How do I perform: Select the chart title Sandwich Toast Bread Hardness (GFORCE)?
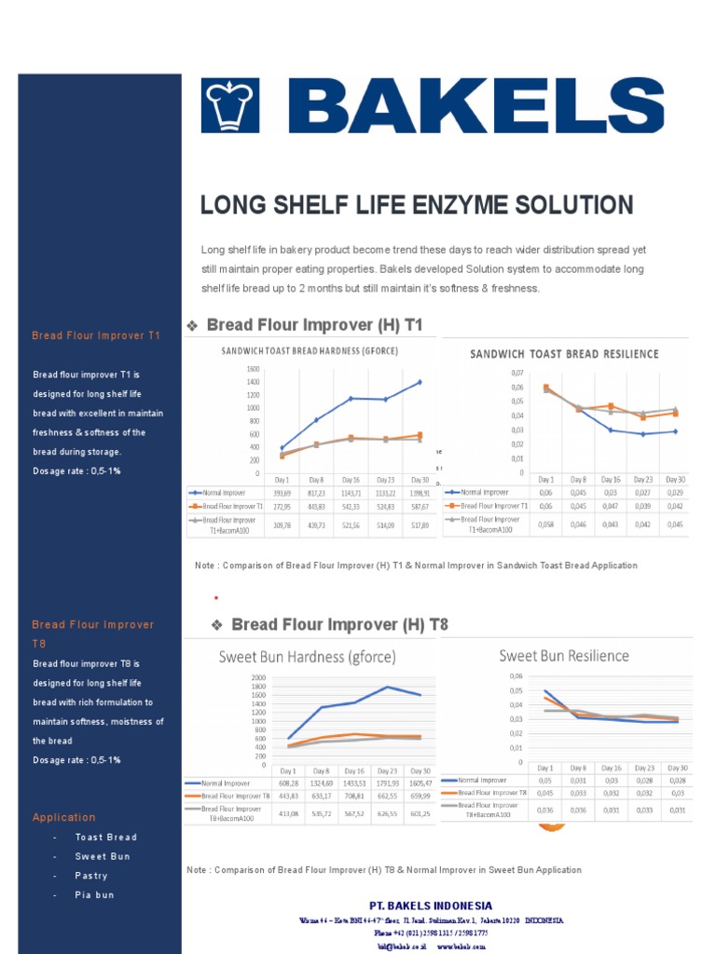click(x=305, y=351)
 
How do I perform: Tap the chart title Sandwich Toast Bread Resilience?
click(x=564, y=354)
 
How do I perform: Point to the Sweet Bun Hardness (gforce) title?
click(x=307, y=656)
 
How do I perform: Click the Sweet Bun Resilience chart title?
click(x=564, y=656)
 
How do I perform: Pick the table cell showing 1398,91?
click(x=420, y=493)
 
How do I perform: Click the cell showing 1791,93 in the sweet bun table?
click(x=387, y=784)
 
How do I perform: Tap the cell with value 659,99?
click(x=420, y=797)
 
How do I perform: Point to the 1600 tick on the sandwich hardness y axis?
click(x=279, y=369)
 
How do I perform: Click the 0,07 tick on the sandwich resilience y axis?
click(x=516, y=373)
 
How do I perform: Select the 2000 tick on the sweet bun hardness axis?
click(x=258, y=677)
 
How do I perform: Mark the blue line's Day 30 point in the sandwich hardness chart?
click(x=420, y=382)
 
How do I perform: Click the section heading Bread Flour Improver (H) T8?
click(x=339, y=624)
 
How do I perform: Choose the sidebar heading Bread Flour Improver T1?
click(x=96, y=335)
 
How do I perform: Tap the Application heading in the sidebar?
click(x=63, y=817)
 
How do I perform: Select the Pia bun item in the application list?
click(x=94, y=895)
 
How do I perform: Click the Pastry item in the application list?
click(x=91, y=876)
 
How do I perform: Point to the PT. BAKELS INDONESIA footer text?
click(x=431, y=906)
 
